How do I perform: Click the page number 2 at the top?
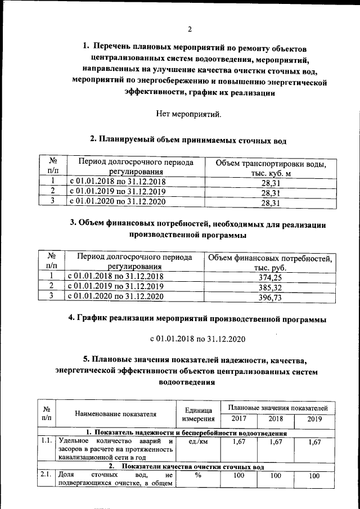pos(190,29)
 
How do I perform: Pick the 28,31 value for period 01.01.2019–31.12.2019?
pos(271,192)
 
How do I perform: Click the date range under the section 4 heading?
pos(197,340)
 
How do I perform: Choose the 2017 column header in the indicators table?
pos(238,418)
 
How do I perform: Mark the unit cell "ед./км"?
pos(197,442)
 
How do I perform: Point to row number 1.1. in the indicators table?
pos(47,442)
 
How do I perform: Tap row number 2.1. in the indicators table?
pos(47,476)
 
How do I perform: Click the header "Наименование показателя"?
pos(115,413)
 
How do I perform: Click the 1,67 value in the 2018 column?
pos(276,443)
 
